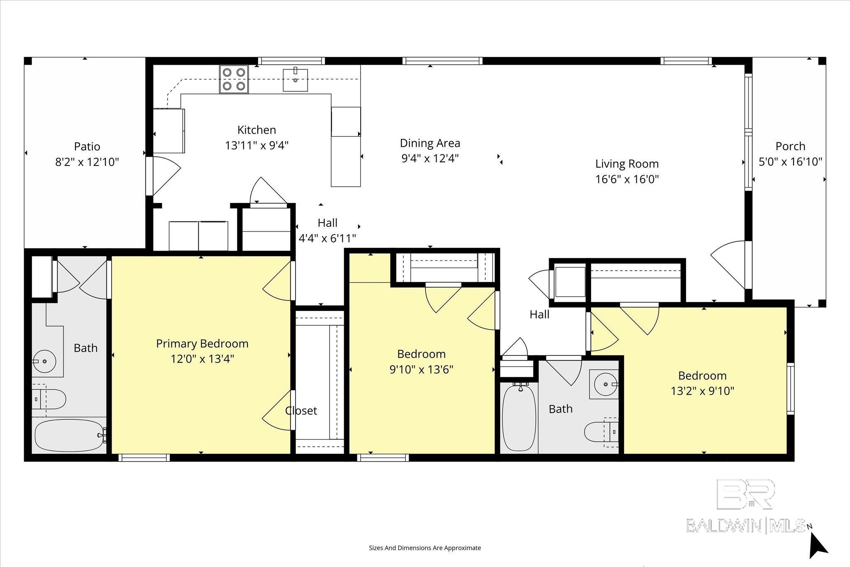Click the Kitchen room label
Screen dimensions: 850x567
[256, 130]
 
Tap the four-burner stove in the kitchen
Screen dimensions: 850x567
[234, 79]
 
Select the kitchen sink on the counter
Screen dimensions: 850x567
[296, 79]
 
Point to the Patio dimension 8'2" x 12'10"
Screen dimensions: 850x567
[87, 162]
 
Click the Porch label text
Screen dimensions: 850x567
[790, 146]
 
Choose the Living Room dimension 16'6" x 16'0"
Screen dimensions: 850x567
[627, 179]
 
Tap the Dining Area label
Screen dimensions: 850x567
[430, 143]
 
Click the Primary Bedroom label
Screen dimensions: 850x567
[202, 344]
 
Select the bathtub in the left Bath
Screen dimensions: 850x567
[69, 437]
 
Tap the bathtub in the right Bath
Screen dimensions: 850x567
[519, 418]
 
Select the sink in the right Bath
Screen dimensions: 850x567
[605, 384]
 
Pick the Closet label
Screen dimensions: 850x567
[301, 411]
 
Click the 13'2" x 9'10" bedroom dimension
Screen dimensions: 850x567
[702, 391]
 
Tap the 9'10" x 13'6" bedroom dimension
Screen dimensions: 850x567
[421, 369]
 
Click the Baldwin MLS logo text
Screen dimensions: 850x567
[746, 525]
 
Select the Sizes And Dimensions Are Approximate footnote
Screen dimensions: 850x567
[425, 548]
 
